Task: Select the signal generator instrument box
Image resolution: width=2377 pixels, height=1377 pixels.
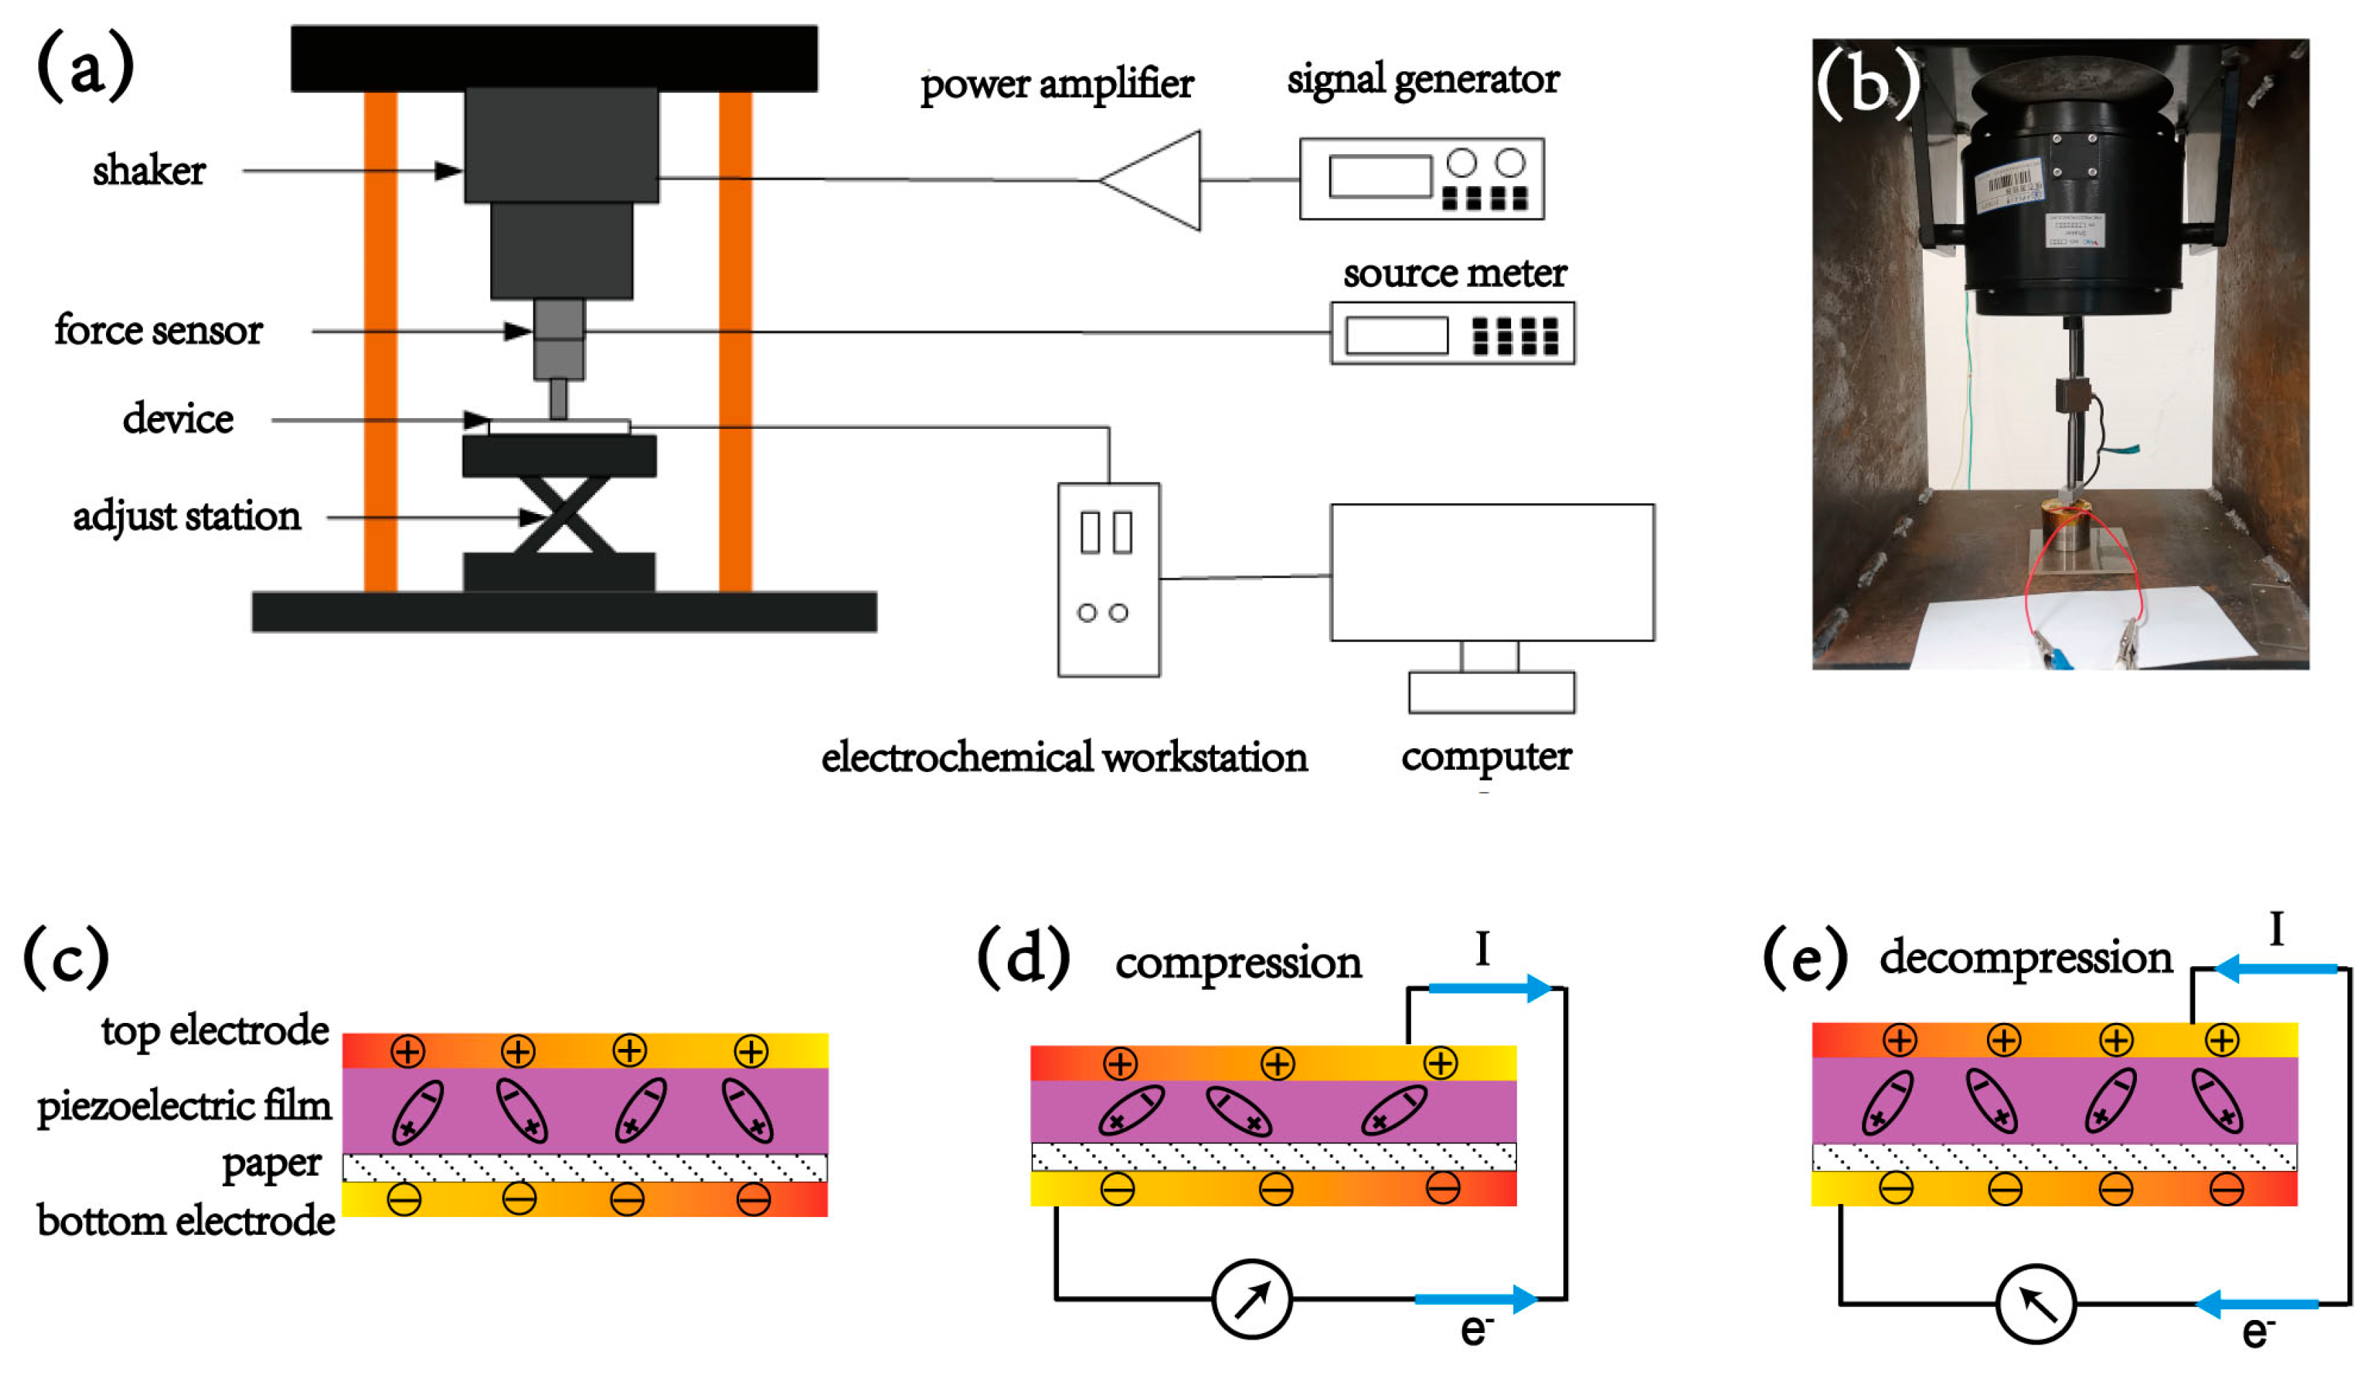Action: [x=1422, y=180]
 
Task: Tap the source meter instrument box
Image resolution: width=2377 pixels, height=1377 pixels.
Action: [x=1453, y=333]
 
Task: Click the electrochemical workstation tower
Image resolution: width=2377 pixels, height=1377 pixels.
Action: [x=1110, y=580]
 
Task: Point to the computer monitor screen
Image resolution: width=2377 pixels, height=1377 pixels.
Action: [x=1492, y=572]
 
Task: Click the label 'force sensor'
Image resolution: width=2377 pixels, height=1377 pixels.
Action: [x=159, y=330]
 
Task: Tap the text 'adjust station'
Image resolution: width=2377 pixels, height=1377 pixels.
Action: [x=187, y=517]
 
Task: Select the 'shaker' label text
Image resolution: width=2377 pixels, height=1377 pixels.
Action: [x=149, y=171]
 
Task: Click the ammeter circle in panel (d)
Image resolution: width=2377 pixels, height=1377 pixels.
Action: [x=1252, y=1298]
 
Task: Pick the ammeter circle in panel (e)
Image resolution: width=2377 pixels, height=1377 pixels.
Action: [x=2037, y=1304]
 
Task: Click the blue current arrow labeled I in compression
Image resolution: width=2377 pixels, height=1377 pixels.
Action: [x=1490, y=988]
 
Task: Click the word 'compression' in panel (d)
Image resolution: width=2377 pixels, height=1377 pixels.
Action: [x=1239, y=963]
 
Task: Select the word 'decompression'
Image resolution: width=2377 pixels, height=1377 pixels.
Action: [x=2026, y=957]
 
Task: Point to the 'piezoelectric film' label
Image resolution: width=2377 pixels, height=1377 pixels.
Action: [x=184, y=1107]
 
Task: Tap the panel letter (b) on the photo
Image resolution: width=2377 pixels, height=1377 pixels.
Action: [x=1867, y=85]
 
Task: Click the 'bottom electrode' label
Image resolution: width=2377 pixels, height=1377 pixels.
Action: [x=186, y=1221]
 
